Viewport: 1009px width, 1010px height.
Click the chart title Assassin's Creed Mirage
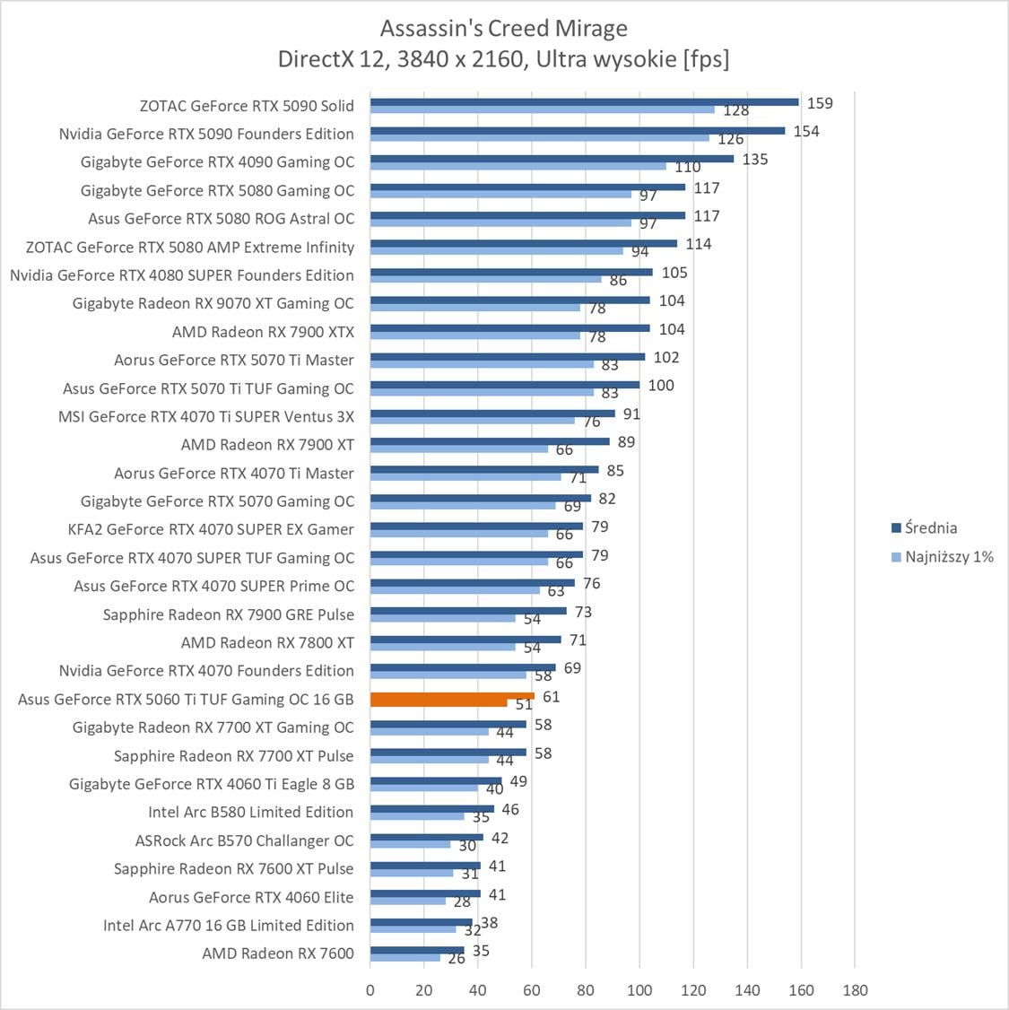pyautogui.click(x=503, y=28)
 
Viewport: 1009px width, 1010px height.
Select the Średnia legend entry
pyautogui.click(x=930, y=527)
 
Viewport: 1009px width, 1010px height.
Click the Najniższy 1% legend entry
pyautogui.click(x=949, y=556)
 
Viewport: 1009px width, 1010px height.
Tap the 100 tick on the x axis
pyautogui.click(x=639, y=989)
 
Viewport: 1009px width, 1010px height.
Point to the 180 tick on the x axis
pyautogui.click(x=855, y=989)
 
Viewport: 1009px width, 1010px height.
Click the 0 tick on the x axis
pyautogui.click(x=370, y=989)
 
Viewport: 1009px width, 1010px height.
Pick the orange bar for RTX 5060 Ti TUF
pyautogui.click(x=452, y=696)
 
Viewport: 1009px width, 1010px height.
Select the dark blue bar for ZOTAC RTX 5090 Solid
pyautogui.click(x=584, y=102)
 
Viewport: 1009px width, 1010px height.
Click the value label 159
pyautogui.click(x=820, y=103)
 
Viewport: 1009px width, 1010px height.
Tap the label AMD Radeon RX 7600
pyautogui.click(x=278, y=953)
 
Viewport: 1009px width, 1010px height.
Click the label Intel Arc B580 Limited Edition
pyautogui.click(x=251, y=812)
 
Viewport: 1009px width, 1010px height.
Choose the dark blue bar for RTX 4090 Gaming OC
pyautogui.click(x=552, y=159)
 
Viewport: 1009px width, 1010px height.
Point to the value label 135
pyautogui.click(x=755, y=160)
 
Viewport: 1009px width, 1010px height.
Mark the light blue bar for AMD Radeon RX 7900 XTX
pyautogui.click(x=475, y=335)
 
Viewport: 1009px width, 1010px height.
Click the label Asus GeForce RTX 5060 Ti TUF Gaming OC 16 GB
pyautogui.click(x=186, y=699)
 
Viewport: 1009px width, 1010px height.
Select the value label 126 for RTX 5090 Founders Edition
pyautogui.click(x=731, y=139)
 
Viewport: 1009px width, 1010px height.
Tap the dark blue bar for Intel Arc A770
pyautogui.click(x=421, y=921)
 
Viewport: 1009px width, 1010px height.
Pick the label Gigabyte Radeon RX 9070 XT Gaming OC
pyautogui.click(x=213, y=303)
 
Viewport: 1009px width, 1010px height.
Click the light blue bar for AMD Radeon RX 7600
pyautogui.click(x=405, y=957)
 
